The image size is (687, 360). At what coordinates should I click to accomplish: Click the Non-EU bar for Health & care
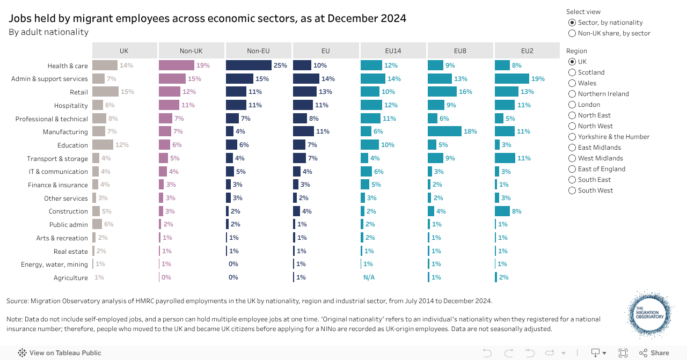[x=249, y=65]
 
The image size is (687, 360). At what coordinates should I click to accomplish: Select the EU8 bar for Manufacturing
[x=444, y=131]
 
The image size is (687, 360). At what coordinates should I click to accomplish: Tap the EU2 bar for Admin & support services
[x=511, y=79]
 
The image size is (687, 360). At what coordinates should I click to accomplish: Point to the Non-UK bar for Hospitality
[x=169, y=105]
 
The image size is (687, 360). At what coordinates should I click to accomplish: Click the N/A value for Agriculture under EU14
[x=369, y=277]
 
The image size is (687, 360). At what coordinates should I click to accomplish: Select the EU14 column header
[x=393, y=51]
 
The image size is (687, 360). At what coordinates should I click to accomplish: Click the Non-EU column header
[x=258, y=51]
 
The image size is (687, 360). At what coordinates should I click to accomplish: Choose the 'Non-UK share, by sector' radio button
[x=572, y=33]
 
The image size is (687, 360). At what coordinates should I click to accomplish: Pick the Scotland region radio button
[x=572, y=72]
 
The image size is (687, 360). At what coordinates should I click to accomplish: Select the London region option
[x=572, y=105]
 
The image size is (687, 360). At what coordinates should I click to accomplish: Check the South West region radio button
[x=572, y=190]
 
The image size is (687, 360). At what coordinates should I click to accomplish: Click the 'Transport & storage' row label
[x=57, y=159]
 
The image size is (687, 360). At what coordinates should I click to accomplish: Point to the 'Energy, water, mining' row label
[x=54, y=265]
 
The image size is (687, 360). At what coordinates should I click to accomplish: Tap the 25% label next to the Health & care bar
[x=280, y=65]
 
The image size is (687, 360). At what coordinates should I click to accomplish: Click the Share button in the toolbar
[x=654, y=353]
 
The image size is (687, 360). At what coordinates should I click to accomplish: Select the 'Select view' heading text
[x=583, y=12]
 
